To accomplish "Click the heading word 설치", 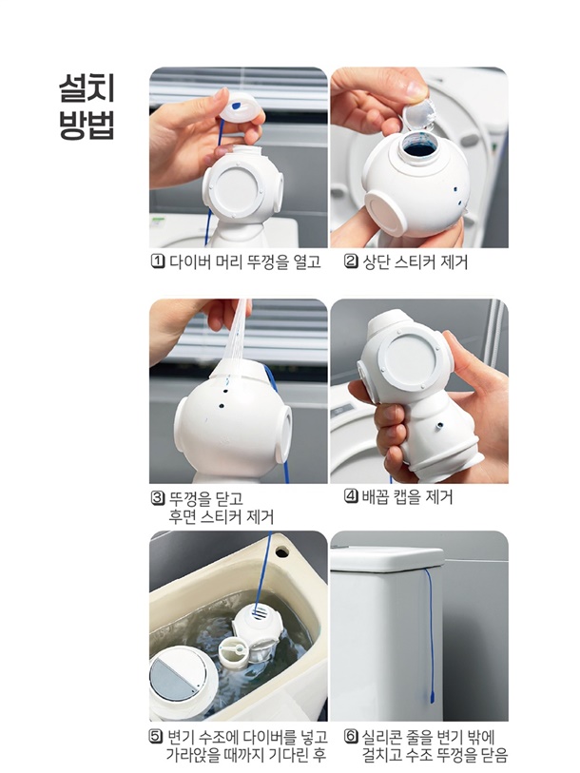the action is pyautogui.click(x=87, y=88).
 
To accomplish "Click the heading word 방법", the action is pyautogui.click(x=87, y=126).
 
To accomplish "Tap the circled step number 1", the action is pyautogui.click(x=158, y=261).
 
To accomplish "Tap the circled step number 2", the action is pyautogui.click(x=351, y=261).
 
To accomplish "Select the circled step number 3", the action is pyautogui.click(x=158, y=498).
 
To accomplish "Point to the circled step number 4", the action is pyautogui.click(x=351, y=496).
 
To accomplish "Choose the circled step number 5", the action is pyautogui.click(x=157, y=737).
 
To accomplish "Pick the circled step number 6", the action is pyautogui.click(x=351, y=737).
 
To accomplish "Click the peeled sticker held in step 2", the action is pyautogui.click(x=418, y=113).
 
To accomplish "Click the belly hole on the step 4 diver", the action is pyautogui.click(x=438, y=424).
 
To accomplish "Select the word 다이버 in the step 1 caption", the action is pyautogui.click(x=190, y=261).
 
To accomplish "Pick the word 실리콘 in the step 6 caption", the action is pyautogui.click(x=383, y=737).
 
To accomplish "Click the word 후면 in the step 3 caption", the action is pyautogui.click(x=183, y=517).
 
